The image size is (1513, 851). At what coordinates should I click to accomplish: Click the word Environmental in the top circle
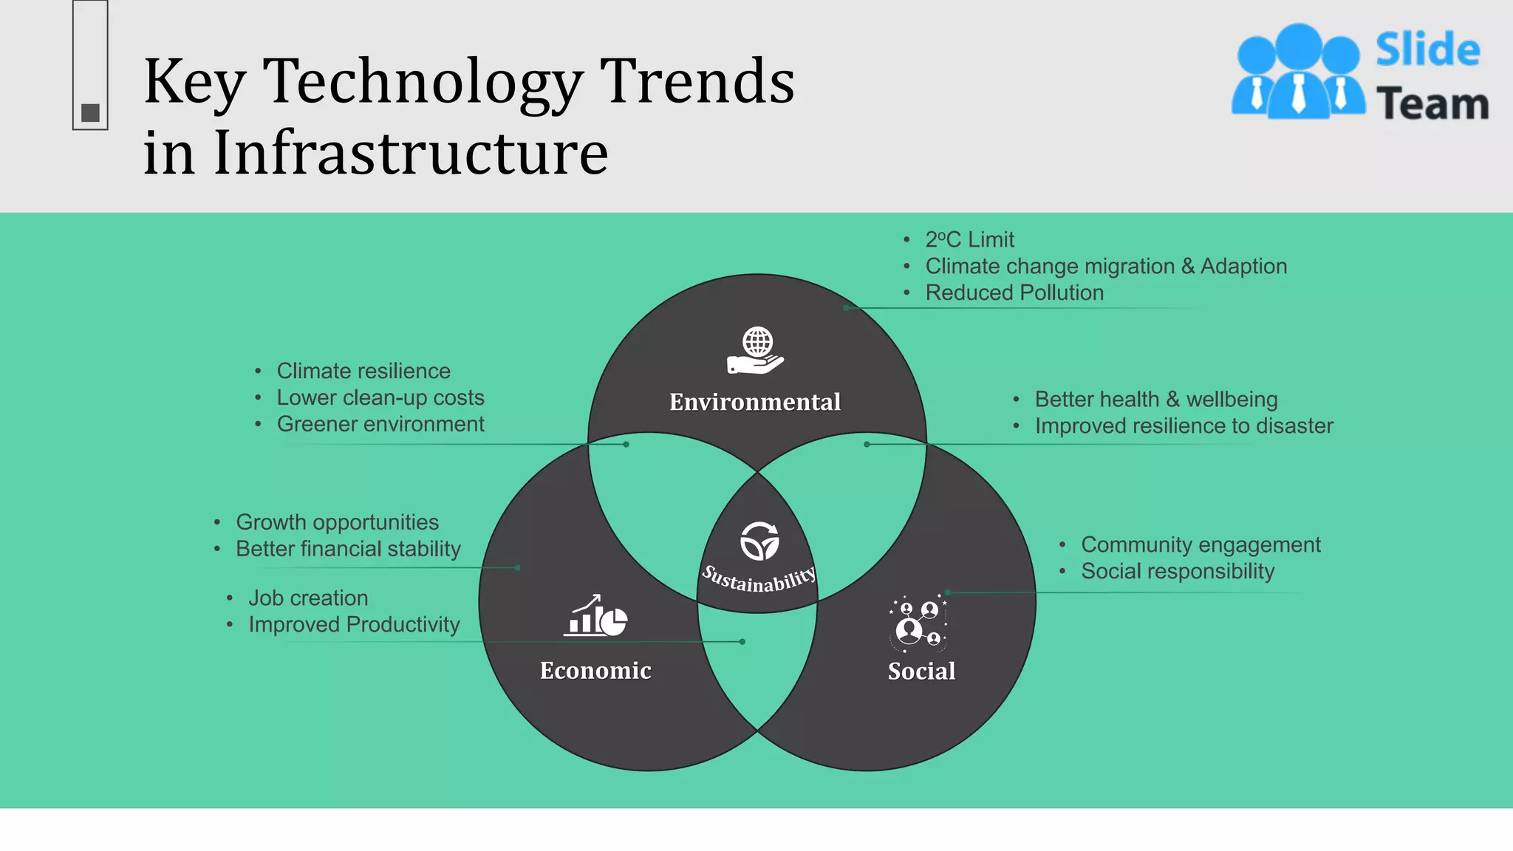[x=754, y=402]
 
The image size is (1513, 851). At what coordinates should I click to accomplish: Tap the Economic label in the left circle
[x=595, y=670]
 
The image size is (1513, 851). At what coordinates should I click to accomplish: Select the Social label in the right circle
[x=921, y=671]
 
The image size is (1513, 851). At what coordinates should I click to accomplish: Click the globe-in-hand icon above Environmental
[x=756, y=351]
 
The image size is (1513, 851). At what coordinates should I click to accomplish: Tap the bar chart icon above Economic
[x=595, y=615]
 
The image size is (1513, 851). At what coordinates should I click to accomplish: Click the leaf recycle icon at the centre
[x=759, y=541]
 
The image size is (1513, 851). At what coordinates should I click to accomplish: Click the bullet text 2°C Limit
[x=969, y=240]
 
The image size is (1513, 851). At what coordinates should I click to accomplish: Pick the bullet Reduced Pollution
[x=1014, y=293]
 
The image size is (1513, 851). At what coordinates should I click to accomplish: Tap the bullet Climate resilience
[x=363, y=371]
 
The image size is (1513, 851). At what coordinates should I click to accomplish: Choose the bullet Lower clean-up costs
[x=380, y=397]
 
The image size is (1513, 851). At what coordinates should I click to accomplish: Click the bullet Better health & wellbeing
[x=1155, y=400]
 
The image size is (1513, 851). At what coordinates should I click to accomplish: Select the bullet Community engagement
[x=1201, y=545]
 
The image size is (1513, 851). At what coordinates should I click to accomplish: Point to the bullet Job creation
[x=307, y=598]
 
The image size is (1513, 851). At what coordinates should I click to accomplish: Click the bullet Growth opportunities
[x=337, y=522]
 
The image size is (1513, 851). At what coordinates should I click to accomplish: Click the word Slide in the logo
[x=1427, y=50]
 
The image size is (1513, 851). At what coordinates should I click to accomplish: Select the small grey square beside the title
[x=90, y=113]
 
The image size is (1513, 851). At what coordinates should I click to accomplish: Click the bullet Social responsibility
[x=1178, y=572]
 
